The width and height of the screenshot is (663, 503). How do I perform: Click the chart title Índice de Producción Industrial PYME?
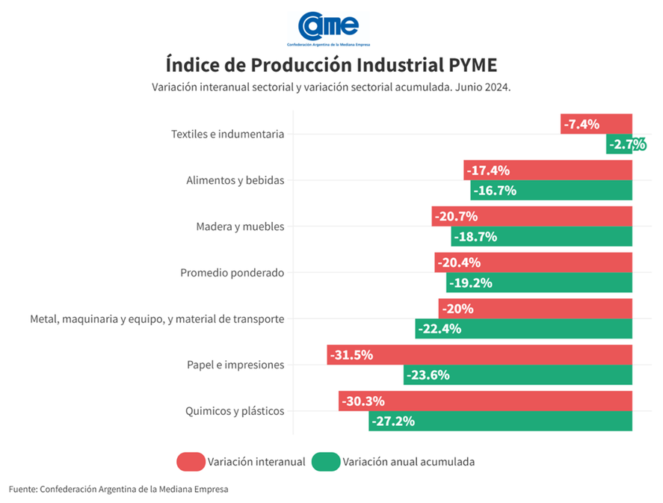tap(331, 63)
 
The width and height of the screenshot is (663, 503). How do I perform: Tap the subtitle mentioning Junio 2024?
tap(331, 87)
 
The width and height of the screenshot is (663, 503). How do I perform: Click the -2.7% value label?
tap(626, 144)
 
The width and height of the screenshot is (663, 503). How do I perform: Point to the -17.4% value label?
tap(488, 170)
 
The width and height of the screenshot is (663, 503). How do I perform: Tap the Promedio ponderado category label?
tap(232, 273)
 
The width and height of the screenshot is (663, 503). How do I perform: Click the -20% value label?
tap(458, 309)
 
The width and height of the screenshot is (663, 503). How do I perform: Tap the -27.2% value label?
tap(393, 421)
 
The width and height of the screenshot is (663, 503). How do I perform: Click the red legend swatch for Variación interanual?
tap(191, 462)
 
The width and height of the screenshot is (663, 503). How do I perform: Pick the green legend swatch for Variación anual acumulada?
tap(325, 462)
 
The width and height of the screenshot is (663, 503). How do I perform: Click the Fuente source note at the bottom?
tap(118, 489)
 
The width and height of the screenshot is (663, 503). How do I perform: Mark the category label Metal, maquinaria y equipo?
tap(157, 319)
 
